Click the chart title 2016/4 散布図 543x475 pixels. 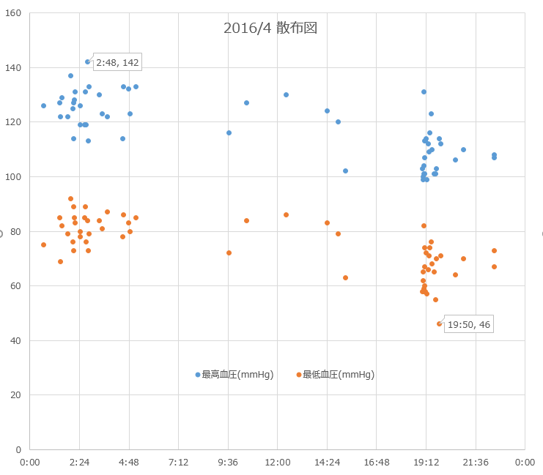click(x=270, y=29)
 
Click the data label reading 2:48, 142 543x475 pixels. click(x=117, y=62)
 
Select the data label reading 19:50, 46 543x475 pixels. click(x=469, y=325)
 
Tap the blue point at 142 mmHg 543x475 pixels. click(x=87, y=61)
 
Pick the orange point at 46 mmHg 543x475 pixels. click(x=440, y=323)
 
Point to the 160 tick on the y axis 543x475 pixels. click(x=14, y=14)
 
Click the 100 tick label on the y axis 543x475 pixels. click(x=14, y=177)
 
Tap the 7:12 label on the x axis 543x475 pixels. click(x=179, y=462)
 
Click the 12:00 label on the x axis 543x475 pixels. click(x=278, y=462)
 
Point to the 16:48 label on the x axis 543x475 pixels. click(x=376, y=462)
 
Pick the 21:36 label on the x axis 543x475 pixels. click(x=475, y=462)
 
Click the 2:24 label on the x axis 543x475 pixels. click(x=80, y=462)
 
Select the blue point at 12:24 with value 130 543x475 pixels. click(x=286, y=94)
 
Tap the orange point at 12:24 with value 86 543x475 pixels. click(x=286, y=214)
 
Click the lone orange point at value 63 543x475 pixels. click(x=345, y=277)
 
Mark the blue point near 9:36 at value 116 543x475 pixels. click(x=229, y=132)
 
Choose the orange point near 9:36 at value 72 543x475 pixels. click(x=229, y=253)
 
